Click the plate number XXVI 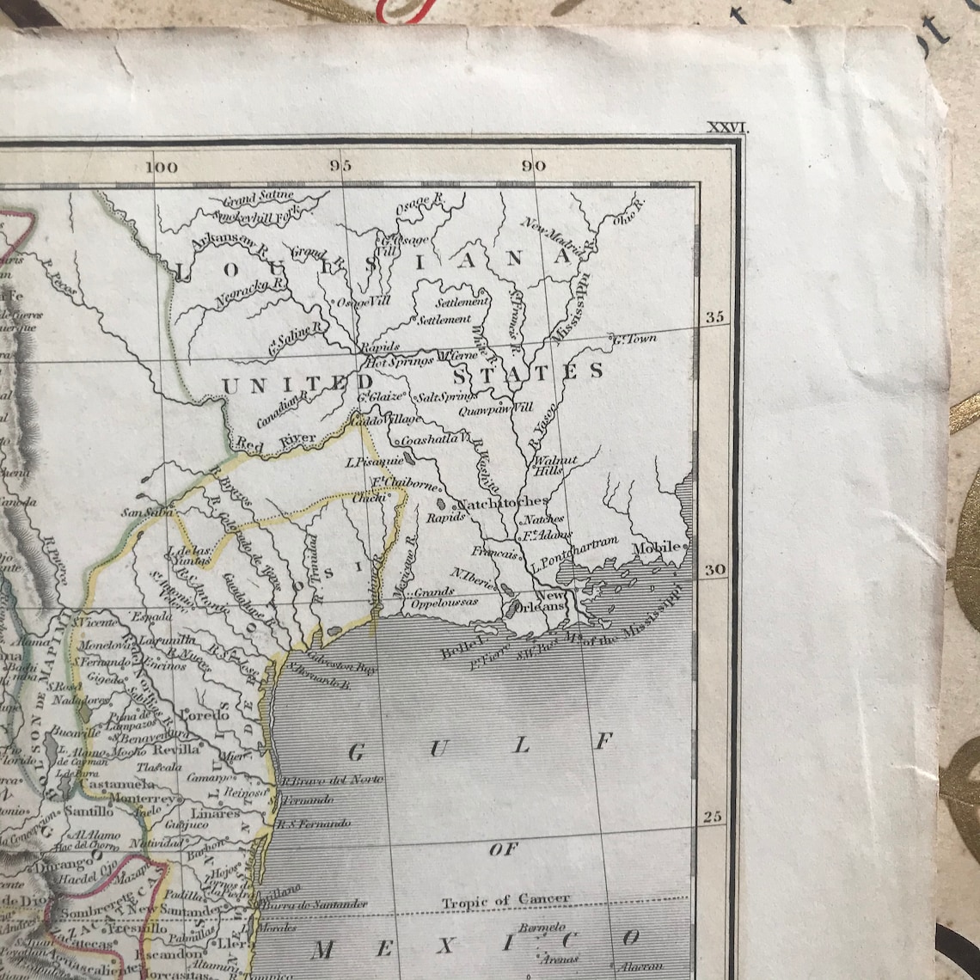(727, 128)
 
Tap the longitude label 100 (162, 167)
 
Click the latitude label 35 (714, 317)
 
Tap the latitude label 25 (713, 816)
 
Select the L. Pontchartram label (574, 554)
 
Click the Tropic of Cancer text (505, 900)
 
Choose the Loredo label (205, 715)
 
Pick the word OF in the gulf (504, 849)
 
